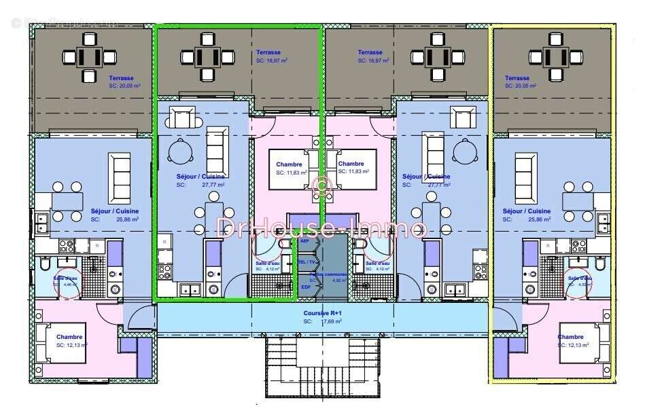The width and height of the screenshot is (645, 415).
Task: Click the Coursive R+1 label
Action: tap(322, 314)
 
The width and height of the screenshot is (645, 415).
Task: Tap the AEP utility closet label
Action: tap(304, 240)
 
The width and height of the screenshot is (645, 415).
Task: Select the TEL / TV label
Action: tap(307, 261)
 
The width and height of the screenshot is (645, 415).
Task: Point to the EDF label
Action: tap(306, 287)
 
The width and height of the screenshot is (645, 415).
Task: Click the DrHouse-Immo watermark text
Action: tap(321, 228)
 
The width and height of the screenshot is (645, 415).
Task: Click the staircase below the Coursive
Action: tap(321, 369)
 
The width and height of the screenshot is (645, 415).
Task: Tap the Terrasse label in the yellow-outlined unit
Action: tap(517, 78)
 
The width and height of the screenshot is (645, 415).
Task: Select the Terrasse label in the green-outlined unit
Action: tap(268, 52)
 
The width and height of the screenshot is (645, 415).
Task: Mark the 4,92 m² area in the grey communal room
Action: tap(335, 279)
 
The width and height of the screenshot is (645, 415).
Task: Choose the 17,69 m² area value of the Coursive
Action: tap(332, 321)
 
